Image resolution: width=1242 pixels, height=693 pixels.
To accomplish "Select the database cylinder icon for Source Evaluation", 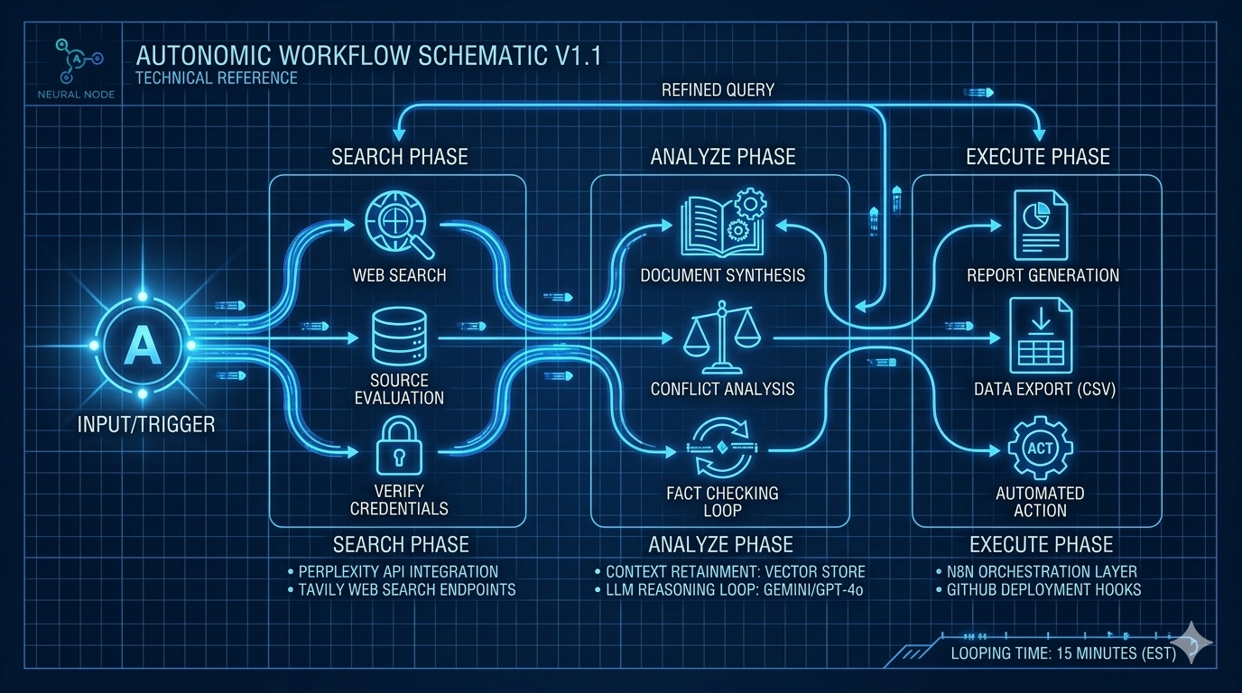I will (398, 337).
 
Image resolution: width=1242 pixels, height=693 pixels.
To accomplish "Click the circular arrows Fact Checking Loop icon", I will (721, 448).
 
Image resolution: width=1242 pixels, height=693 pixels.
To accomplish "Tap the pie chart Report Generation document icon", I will (1041, 226).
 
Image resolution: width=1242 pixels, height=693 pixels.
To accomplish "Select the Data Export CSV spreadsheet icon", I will (1041, 337).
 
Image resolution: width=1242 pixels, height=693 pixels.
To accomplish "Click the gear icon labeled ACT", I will (1040, 448).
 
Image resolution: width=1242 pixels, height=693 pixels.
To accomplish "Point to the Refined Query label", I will (718, 89).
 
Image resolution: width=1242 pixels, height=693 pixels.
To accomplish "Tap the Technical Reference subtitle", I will (216, 78).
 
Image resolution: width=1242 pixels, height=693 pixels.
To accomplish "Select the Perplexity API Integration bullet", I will (398, 571).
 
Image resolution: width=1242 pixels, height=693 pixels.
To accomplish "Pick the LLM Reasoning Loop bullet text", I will (735, 589).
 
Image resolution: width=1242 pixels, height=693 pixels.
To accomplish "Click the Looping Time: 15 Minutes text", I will (1063, 653).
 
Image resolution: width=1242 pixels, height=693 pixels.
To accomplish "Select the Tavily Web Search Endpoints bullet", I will (407, 589).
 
